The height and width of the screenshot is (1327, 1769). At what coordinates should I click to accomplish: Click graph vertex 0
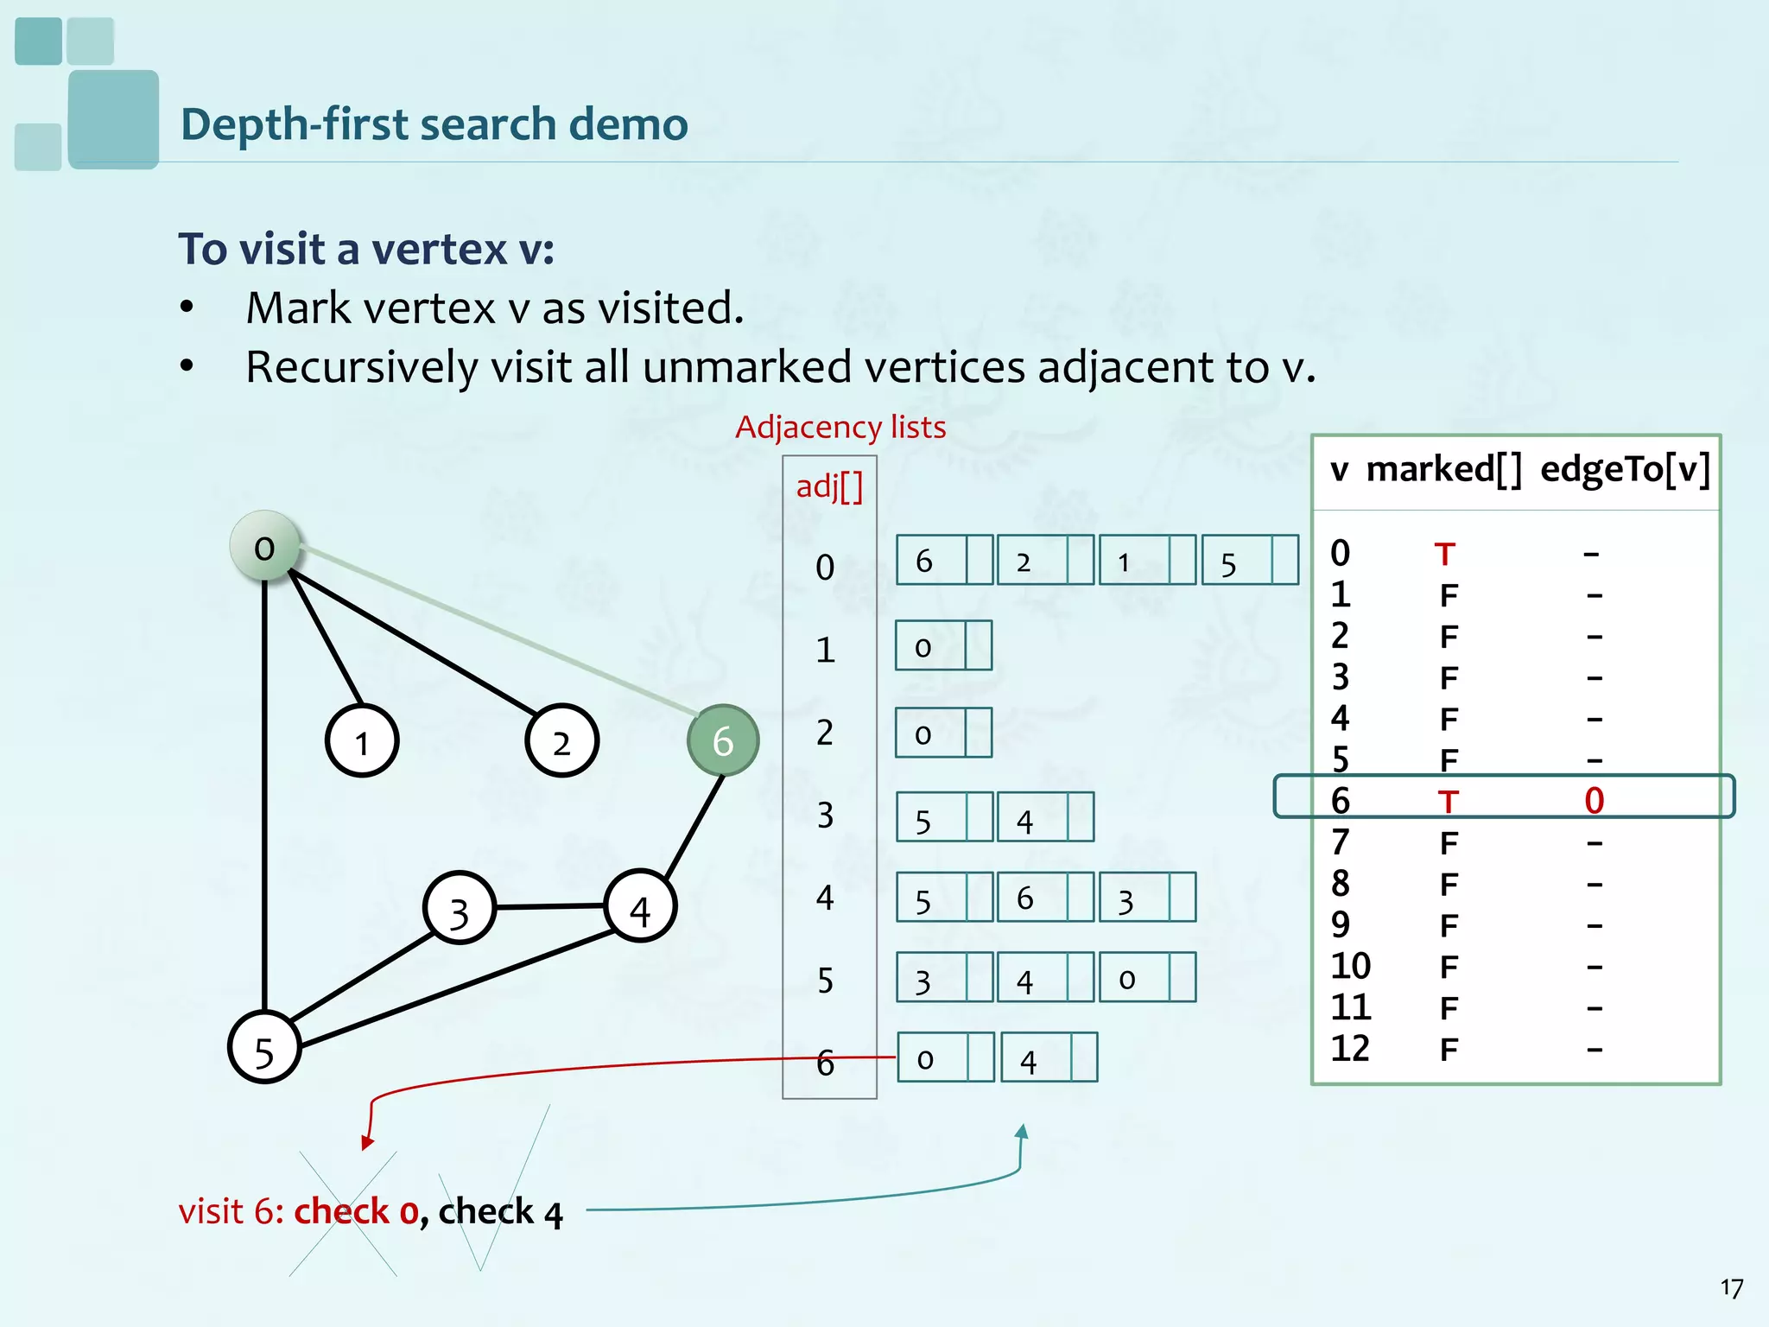[x=265, y=547]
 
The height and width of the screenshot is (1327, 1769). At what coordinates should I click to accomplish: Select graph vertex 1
[x=362, y=741]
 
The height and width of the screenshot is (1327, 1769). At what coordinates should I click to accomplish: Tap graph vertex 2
[x=561, y=741]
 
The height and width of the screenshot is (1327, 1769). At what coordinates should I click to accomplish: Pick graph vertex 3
[x=460, y=909]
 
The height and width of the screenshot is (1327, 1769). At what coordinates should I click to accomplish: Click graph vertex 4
[x=640, y=907]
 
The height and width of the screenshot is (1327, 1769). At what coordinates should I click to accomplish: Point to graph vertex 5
[x=264, y=1048]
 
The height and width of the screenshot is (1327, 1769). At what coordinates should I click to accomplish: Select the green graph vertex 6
[x=723, y=740]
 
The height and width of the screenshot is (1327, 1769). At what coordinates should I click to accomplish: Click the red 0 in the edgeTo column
[x=1594, y=801]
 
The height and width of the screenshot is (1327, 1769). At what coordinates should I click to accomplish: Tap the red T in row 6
[x=1449, y=802]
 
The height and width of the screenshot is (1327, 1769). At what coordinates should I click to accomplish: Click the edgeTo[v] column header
[x=1625, y=470]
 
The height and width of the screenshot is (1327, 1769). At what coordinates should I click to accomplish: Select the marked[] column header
[x=1443, y=470]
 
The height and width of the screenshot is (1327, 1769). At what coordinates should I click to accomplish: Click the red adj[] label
[x=829, y=486]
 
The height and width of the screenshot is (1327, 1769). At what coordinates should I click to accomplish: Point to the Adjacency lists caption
[x=840, y=427]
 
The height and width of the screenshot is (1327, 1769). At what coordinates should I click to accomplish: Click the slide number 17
[x=1731, y=1288]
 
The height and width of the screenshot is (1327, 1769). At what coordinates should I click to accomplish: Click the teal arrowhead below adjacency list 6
[x=1022, y=1132]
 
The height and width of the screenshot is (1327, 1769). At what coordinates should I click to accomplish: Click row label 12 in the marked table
[x=1350, y=1049]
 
